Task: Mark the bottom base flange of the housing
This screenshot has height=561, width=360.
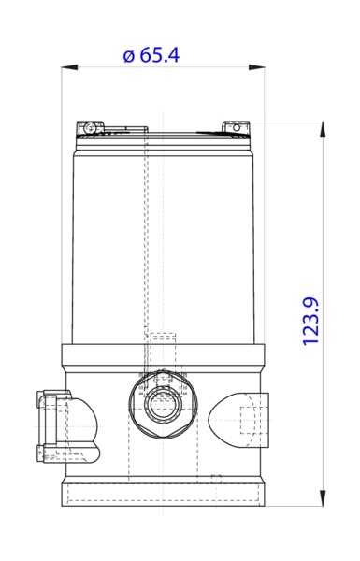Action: tap(164, 494)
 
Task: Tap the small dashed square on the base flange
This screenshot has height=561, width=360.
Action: tap(216, 480)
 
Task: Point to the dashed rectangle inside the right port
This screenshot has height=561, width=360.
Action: tap(248, 420)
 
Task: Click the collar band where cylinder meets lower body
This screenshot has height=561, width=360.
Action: tap(164, 355)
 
